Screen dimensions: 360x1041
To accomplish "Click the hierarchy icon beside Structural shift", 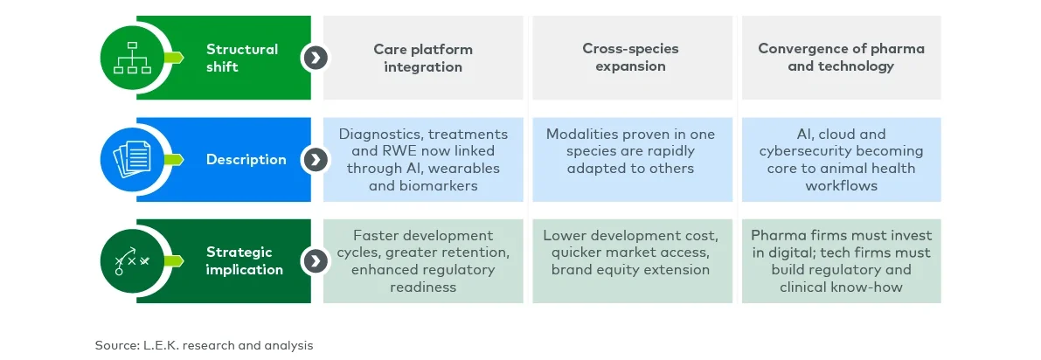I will coord(132,58).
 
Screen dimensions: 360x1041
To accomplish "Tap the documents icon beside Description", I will coord(132,159).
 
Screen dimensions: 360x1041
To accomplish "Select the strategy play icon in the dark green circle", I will coord(132,261).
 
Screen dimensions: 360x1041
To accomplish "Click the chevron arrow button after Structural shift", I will coord(314,58).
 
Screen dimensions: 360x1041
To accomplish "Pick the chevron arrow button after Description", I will coord(314,159).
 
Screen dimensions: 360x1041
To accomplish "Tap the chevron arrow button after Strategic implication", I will coord(314,261).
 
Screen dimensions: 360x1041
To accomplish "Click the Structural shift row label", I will coord(242,58).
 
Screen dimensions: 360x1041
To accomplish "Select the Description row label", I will coord(246,159).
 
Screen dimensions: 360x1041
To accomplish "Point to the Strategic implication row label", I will coord(244,261).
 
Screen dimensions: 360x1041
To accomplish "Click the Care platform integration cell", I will coord(423,58).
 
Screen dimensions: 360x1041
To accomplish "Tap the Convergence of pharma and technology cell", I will coord(841,58).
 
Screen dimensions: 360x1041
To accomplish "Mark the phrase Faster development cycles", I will coord(423,245).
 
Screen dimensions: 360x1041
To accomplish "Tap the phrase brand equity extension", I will coord(630,270).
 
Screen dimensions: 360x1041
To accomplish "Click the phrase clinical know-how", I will coord(841,287).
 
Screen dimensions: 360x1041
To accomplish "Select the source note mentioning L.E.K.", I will coord(204,345).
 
